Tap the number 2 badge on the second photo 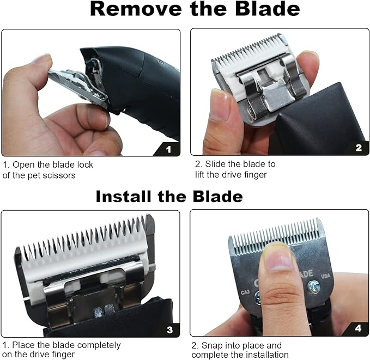tap(358, 147)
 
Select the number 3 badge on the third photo tap(169, 329)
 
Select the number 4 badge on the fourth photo tap(357, 328)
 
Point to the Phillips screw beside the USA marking tap(314, 285)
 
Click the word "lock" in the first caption tap(84, 164)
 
